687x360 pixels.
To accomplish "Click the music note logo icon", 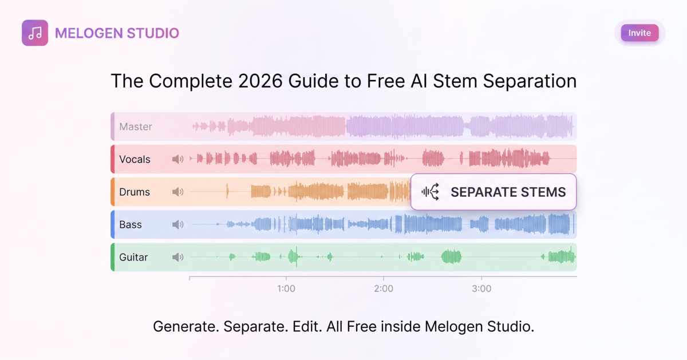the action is pos(35,33).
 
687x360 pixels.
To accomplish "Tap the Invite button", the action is pos(639,33).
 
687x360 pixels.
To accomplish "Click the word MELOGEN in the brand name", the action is pos(89,33).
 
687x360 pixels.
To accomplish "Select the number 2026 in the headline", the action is pos(260,81).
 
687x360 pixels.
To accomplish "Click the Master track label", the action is pos(136,126).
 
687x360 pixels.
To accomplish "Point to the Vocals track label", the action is pos(135,160).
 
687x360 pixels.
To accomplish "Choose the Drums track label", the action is pos(135,192).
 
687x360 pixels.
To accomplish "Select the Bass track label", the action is pos(131,225).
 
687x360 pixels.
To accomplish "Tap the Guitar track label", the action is pos(133,258).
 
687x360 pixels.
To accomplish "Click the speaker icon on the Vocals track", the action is pos(177,159).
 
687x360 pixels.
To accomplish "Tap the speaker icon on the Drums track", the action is pos(177,192).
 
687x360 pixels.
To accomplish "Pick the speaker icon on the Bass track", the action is pos(177,224).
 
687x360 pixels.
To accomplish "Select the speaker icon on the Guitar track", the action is pos(177,257).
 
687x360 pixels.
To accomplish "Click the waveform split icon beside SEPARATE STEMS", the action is pos(431,192).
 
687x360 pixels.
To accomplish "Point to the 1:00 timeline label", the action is pos(286,288).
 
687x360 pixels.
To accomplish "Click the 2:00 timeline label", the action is pos(384,288).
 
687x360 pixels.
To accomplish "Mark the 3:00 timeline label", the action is pos(481,288).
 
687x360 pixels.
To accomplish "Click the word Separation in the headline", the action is pos(530,81).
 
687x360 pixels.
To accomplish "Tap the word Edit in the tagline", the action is pos(307,326).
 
